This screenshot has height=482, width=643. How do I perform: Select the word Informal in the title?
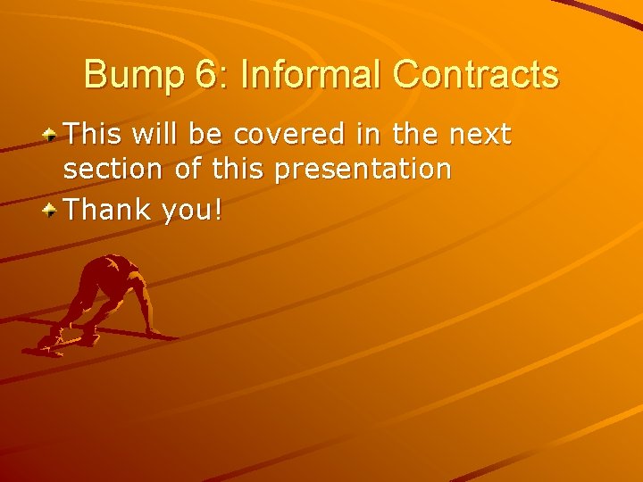(x=312, y=75)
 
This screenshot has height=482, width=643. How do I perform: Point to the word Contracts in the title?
(x=475, y=75)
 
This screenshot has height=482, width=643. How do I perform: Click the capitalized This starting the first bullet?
(x=96, y=135)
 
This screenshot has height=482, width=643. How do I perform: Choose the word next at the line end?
(x=480, y=135)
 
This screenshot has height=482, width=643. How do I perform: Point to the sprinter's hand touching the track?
(x=157, y=333)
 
